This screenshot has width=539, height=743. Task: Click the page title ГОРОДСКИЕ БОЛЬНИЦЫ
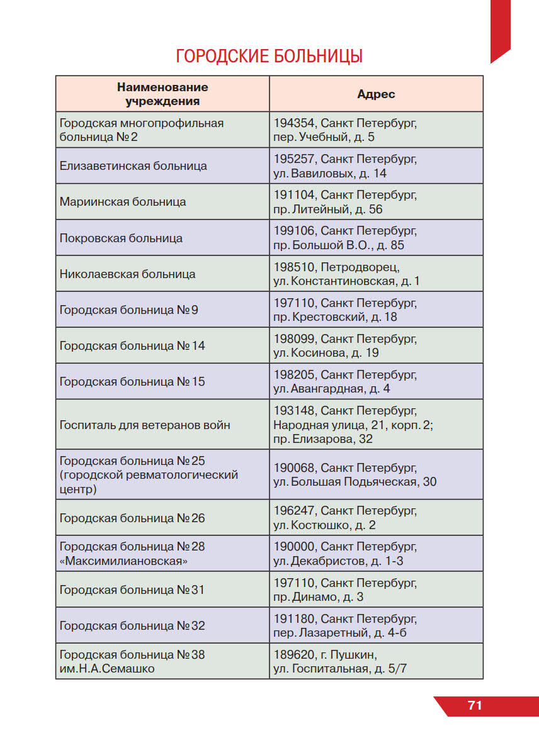click(x=269, y=56)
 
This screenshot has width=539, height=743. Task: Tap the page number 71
click(x=475, y=705)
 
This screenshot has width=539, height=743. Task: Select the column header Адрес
click(x=376, y=94)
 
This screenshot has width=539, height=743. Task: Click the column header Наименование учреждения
click(x=162, y=94)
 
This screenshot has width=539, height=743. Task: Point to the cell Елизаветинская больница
click(x=133, y=166)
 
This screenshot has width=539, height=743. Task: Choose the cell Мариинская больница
click(x=123, y=202)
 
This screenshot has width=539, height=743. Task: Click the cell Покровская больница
click(x=121, y=238)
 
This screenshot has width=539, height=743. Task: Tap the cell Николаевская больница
click(x=127, y=274)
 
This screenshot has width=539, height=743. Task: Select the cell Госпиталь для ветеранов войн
click(x=145, y=425)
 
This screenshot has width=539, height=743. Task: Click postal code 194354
click(x=294, y=123)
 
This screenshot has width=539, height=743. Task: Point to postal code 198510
click(x=294, y=267)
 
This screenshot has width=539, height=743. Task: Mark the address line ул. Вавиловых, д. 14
click(x=330, y=174)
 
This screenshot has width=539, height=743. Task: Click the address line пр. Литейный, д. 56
click(x=327, y=209)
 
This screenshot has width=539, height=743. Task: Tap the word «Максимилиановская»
click(x=123, y=561)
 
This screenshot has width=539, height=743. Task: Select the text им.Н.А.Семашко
click(x=107, y=669)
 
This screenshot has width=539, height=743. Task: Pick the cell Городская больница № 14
click(x=132, y=346)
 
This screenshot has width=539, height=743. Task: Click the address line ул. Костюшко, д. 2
click(x=324, y=525)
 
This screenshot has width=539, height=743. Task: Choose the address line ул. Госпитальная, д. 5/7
click(x=340, y=669)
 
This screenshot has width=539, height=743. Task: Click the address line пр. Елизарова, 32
click(x=323, y=439)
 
